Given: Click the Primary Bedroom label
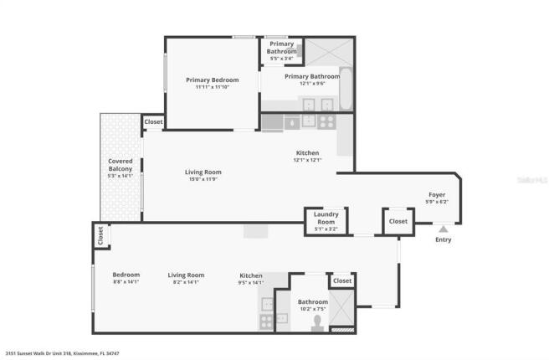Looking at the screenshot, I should click(x=212, y=80).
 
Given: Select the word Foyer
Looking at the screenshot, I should click(x=437, y=194).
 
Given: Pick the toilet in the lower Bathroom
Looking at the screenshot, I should click(x=317, y=323).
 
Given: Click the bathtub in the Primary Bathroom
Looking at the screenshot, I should click(x=344, y=95).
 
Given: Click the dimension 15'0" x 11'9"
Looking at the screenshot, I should click(x=203, y=178).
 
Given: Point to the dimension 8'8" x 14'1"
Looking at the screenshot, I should click(x=126, y=282).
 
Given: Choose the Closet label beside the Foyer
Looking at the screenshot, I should click(x=398, y=222).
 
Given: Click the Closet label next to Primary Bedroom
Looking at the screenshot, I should click(x=153, y=122).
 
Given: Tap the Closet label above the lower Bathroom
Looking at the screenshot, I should click(x=342, y=281).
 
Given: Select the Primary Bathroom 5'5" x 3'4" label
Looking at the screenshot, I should click(x=281, y=51).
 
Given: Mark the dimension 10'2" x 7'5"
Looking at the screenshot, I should click(x=312, y=309).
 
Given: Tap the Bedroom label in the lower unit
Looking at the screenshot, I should click(x=126, y=275).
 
